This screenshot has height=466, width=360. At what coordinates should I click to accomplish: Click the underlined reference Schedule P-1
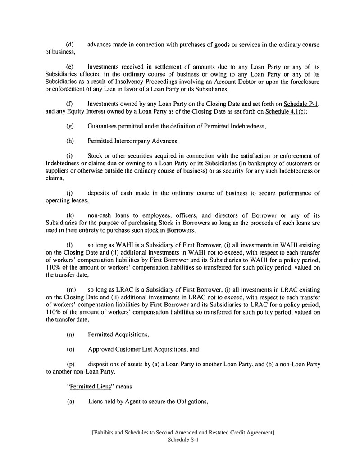click(x=301, y=104)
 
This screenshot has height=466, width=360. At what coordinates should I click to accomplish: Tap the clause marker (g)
click(x=70, y=126)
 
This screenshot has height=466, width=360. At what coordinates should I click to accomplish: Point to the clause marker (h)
click(x=70, y=141)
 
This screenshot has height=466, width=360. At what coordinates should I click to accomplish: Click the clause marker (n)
click(x=70, y=334)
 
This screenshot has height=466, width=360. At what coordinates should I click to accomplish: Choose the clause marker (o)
click(x=70, y=349)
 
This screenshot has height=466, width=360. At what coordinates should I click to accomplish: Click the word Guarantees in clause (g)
click(x=104, y=126)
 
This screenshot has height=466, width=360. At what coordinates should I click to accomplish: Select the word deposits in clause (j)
click(x=99, y=194)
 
